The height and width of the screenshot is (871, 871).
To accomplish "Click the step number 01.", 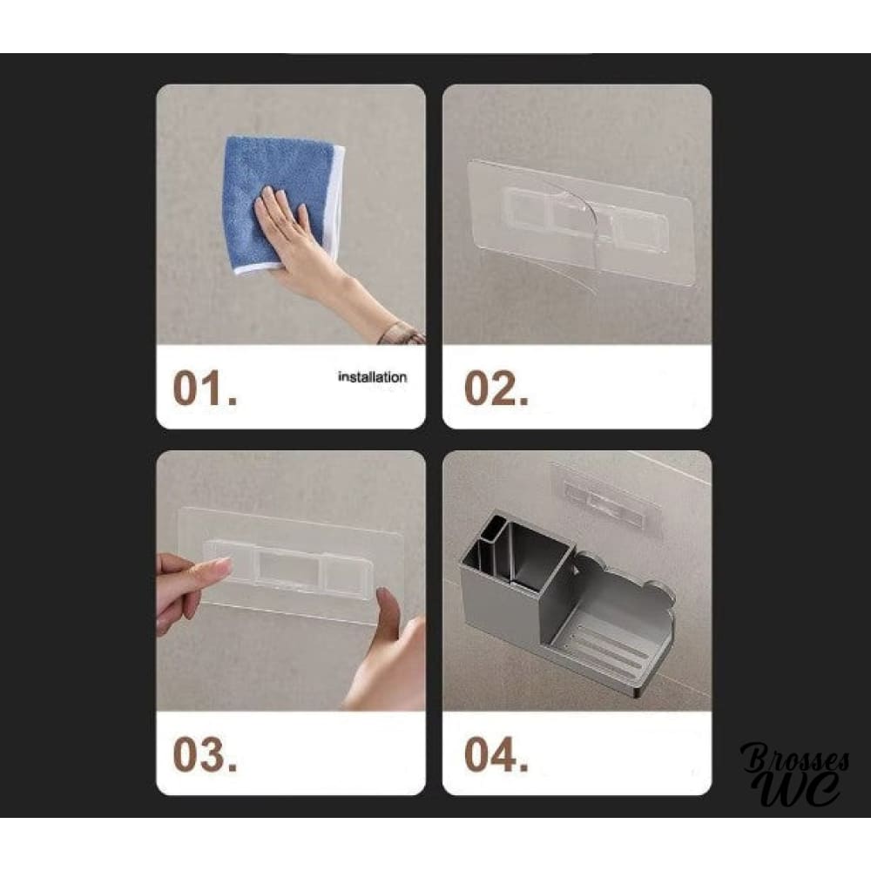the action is point(205,388).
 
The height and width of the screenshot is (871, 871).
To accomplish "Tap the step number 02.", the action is point(496,388).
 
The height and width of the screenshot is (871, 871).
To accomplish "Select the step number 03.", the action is point(205,754).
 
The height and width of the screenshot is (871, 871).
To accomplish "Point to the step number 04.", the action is point(496,754).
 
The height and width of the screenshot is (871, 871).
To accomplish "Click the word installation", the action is point(372,377).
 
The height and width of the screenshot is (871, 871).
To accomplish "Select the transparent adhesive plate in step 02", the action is point(580,222).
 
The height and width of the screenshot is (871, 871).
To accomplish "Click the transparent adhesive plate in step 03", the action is point(292,564).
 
